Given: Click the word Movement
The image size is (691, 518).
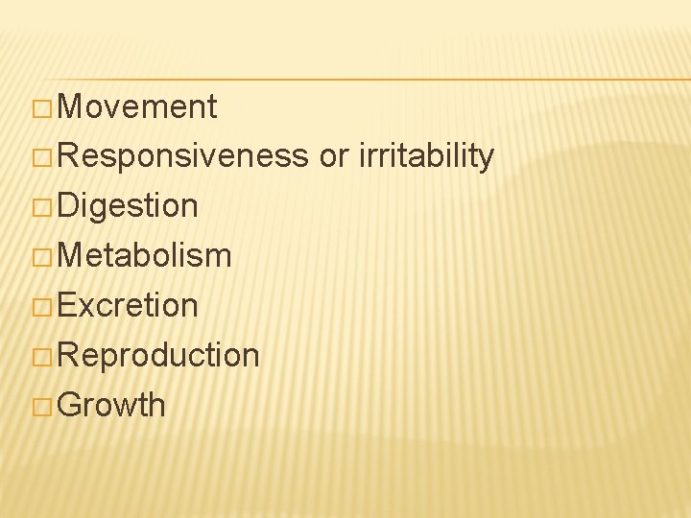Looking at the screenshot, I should [x=137, y=106].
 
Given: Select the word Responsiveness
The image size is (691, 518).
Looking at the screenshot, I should [x=183, y=156].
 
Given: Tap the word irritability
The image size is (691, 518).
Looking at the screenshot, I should [x=426, y=156].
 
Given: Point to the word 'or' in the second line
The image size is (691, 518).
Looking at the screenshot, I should [x=333, y=157].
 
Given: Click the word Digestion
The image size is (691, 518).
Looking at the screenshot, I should [x=128, y=206].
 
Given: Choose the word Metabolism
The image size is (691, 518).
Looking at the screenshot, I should [x=144, y=256].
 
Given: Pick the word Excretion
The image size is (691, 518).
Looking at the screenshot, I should [x=128, y=306].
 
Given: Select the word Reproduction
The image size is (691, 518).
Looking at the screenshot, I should [x=158, y=356].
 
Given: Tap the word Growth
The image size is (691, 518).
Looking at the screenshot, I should [x=111, y=406].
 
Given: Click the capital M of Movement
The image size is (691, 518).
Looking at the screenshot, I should [x=70, y=107].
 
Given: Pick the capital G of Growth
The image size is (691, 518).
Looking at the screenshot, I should [x=70, y=406].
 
